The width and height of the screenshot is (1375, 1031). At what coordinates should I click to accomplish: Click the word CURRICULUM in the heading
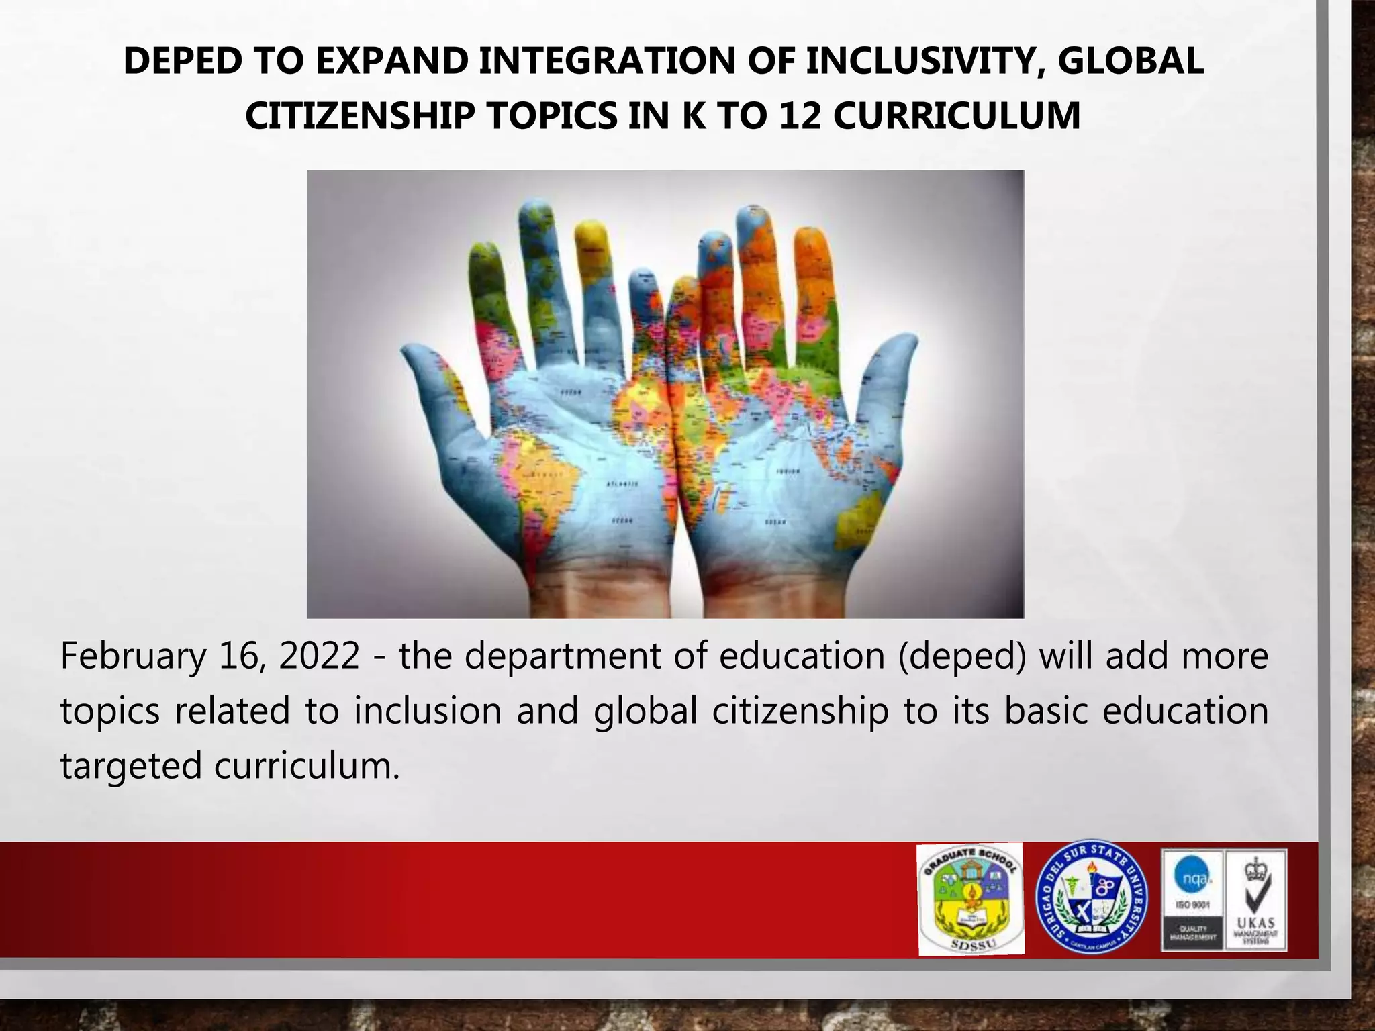point(957,116)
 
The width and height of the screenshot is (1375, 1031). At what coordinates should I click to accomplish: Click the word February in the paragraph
point(132,656)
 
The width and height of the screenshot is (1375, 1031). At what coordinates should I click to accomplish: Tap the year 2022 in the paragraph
point(319,656)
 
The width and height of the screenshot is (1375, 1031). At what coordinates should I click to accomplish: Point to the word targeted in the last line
point(130,766)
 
